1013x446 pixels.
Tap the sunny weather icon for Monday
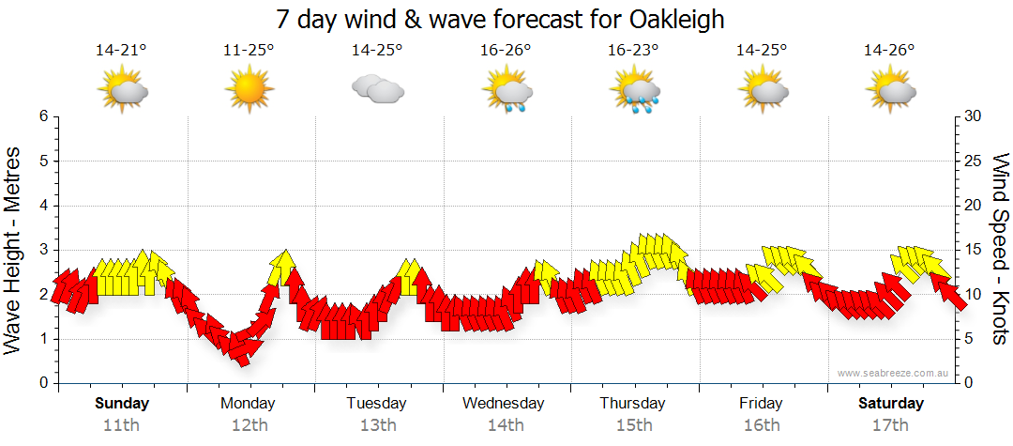pos(249,91)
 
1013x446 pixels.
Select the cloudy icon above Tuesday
pos(377,90)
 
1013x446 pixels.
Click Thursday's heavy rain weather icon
pos(634,92)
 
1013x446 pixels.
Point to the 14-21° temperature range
pos(121,51)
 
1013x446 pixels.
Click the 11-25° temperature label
pos(249,51)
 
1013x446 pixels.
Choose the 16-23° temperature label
pos(633,51)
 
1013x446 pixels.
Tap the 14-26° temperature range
pos(889,51)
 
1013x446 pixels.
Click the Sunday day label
pos(121,404)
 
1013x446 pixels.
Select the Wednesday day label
pos(505,404)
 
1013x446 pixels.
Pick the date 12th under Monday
pos(249,424)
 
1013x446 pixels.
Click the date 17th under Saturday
pos(889,424)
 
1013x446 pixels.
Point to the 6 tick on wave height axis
pos(43,116)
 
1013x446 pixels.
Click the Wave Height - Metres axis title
pos(14,250)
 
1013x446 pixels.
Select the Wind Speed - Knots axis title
pos(1000,250)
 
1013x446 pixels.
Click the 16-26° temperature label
pos(506,51)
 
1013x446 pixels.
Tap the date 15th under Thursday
pos(633,424)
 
